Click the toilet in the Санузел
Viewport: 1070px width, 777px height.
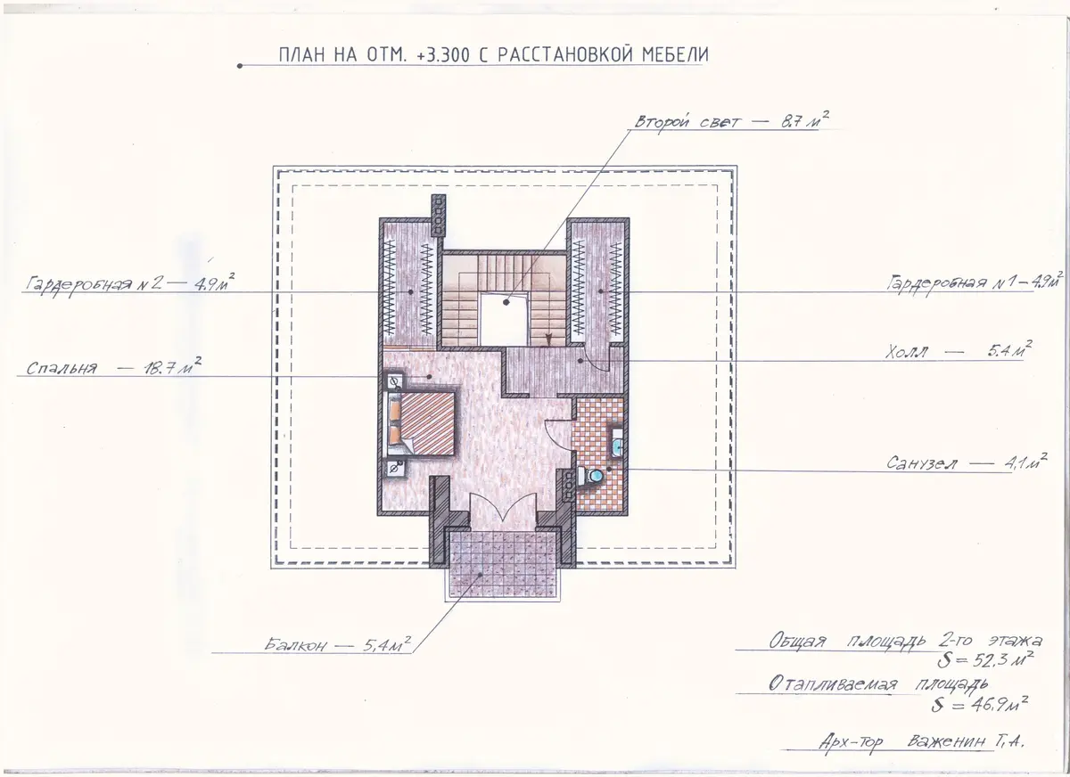point(590,475)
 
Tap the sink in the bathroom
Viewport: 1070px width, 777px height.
point(618,445)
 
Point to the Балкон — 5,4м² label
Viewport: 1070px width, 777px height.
point(337,644)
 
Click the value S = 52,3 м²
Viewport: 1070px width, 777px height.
point(985,660)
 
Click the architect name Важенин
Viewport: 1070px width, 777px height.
point(946,741)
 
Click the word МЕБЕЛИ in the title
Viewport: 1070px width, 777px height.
point(675,54)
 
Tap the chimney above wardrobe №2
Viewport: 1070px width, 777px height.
point(439,215)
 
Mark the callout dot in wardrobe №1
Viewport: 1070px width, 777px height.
point(601,291)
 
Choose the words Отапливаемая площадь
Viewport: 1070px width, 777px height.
point(878,683)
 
